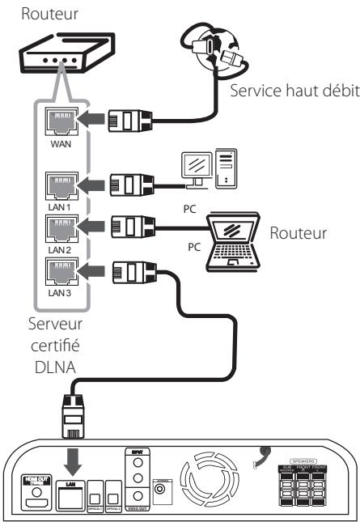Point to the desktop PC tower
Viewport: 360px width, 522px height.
(x=227, y=172)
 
